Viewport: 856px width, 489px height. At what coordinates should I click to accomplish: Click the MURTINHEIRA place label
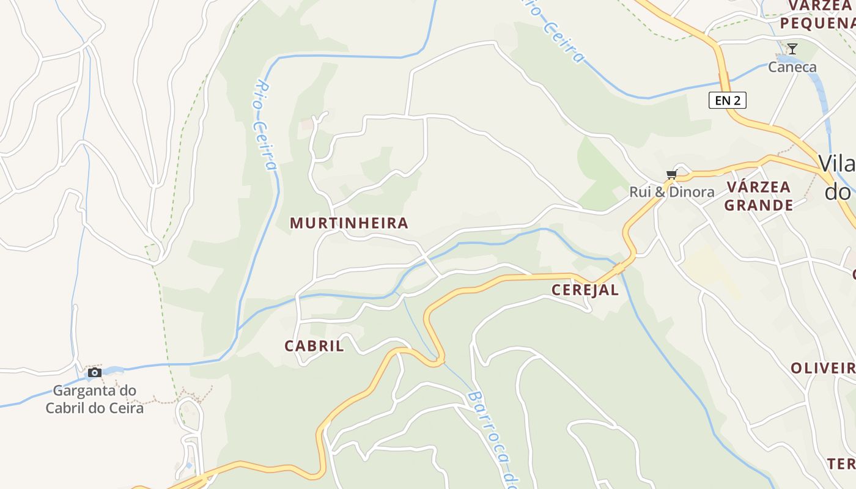click(349, 223)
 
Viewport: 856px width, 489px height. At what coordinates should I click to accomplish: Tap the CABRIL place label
click(314, 346)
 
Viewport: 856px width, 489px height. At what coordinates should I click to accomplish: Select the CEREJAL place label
click(585, 290)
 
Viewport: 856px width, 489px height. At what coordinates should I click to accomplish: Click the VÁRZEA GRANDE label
click(758, 196)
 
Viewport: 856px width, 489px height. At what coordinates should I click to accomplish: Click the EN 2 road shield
click(728, 100)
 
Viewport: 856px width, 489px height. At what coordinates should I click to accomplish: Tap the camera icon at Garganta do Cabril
click(95, 372)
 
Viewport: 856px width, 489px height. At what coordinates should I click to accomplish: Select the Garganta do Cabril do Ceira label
click(95, 399)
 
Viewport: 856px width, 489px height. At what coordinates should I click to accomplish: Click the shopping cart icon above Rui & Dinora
click(671, 175)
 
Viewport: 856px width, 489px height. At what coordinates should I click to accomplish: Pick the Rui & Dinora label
click(672, 192)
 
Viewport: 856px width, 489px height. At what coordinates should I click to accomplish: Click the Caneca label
click(792, 67)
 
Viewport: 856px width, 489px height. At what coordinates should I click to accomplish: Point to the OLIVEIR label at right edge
click(823, 368)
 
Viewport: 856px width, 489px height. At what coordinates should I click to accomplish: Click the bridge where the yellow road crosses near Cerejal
click(619, 268)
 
